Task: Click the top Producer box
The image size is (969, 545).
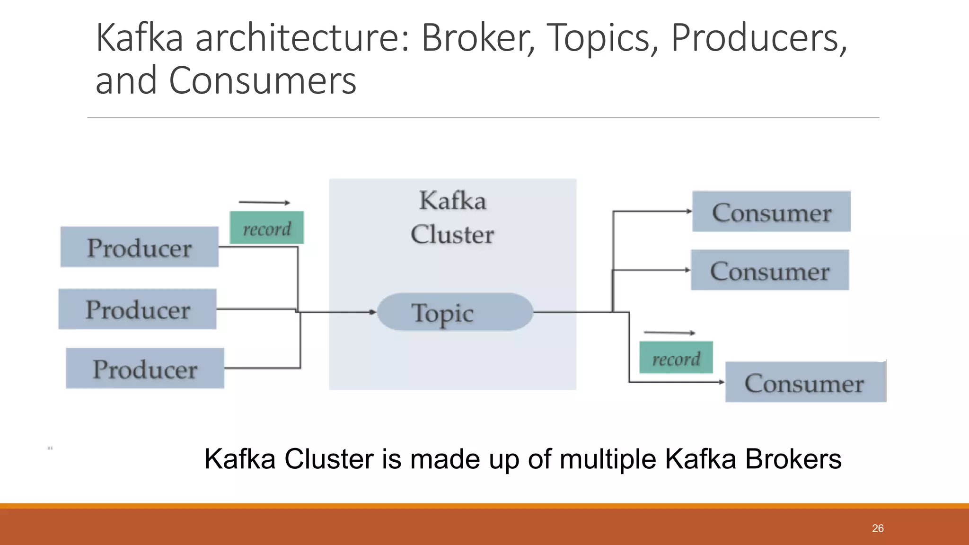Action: tap(139, 247)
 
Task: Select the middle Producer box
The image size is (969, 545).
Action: tap(137, 309)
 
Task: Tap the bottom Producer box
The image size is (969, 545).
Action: tap(145, 368)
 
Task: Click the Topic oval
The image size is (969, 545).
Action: tap(455, 312)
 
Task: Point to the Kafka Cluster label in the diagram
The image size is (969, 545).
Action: tap(452, 217)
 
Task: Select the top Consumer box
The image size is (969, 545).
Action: tap(771, 211)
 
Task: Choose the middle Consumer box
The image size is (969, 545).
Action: tap(770, 270)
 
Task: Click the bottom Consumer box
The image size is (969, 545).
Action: tap(805, 382)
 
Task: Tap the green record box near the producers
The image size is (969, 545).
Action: tap(267, 228)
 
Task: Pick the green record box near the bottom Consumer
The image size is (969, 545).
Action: tap(676, 358)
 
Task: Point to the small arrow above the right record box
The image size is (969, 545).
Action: tap(669, 333)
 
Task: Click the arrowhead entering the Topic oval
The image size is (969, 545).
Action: tap(373, 312)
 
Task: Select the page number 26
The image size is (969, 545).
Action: tap(878, 528)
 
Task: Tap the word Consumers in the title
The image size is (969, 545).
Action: tap(262, 80)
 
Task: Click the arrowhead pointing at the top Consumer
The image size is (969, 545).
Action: tap(689, 211)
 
